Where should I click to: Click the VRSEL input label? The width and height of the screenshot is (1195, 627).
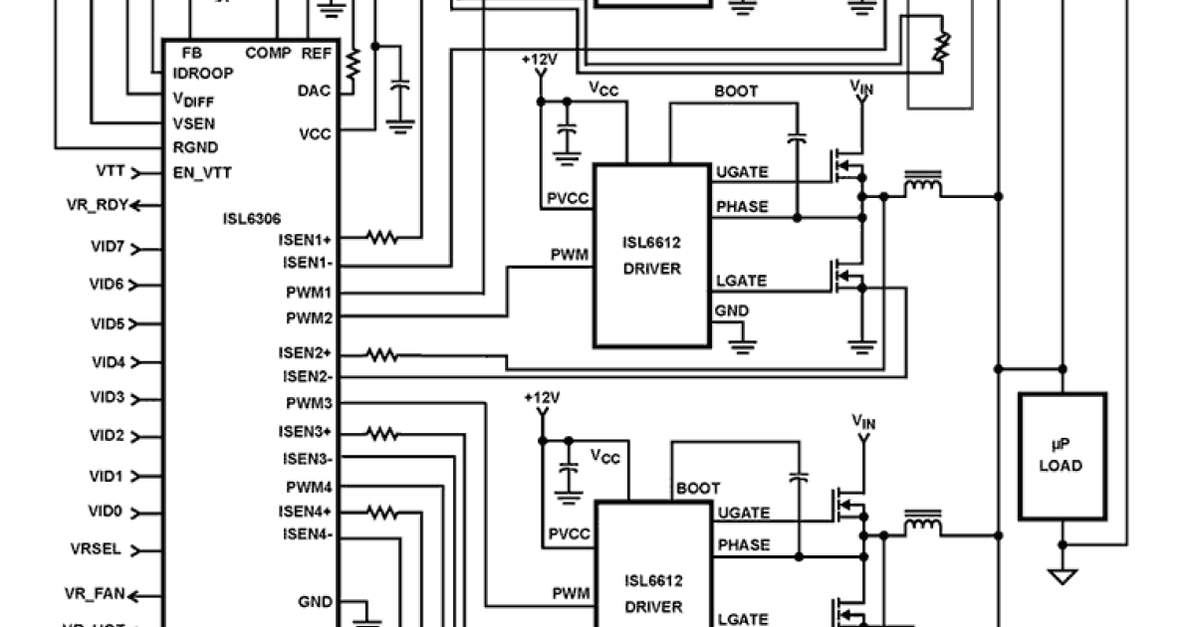(97, 549)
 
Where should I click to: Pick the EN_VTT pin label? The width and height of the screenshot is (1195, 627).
(202, 172)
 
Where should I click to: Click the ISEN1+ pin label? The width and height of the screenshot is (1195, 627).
(306, 239)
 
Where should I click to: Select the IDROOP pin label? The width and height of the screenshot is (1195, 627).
(203, 74)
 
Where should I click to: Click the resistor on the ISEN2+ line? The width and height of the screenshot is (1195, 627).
(380, 354)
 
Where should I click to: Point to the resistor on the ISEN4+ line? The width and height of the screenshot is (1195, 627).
(380, 513)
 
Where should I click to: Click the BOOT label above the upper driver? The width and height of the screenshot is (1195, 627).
(736, 92)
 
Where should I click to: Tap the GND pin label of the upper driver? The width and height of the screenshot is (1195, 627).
(731, 312)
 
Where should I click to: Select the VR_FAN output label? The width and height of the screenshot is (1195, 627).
(96, 595)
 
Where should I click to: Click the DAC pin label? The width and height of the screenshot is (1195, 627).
(314, 91)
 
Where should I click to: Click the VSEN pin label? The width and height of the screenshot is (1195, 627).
(194, 124)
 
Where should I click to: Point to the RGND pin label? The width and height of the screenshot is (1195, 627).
(194, 147)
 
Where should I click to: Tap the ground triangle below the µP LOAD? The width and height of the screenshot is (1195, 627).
(1063, 576)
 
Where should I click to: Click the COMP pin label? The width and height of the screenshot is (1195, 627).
(268, 53)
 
